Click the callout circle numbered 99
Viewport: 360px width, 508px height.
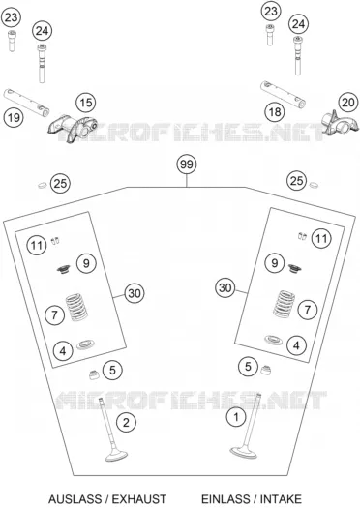tap(187, 164)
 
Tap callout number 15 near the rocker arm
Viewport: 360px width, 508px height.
tap(86, 103)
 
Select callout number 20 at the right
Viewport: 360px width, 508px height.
tap(348, 103)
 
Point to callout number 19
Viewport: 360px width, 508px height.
tap(14, 117)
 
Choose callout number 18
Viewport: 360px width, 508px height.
tap(275, 112)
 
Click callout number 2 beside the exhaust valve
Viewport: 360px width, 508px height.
tap(126, 422)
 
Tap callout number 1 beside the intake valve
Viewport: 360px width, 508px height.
tap(236, 417)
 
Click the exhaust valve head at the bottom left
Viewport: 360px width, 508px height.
tap(117, 456)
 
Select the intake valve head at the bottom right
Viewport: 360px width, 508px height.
tap(244, 452)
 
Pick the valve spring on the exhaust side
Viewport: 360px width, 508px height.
tap(76, 307)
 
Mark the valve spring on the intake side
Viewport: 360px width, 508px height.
tap(285, 304)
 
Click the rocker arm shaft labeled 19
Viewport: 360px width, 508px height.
tap(26, 103)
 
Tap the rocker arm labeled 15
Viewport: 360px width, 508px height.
tap(74, 128)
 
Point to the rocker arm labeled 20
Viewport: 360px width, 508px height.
tap(341, 123)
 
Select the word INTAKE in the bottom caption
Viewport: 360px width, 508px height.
tap(281, 499)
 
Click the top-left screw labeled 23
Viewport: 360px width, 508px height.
tap(12, 41)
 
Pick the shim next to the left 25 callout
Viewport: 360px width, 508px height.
tap(43, 186)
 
